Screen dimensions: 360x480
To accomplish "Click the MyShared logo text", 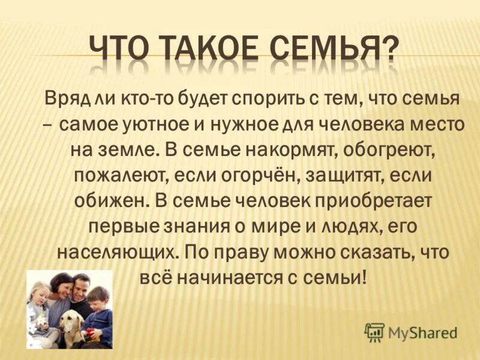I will coord(422,331).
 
